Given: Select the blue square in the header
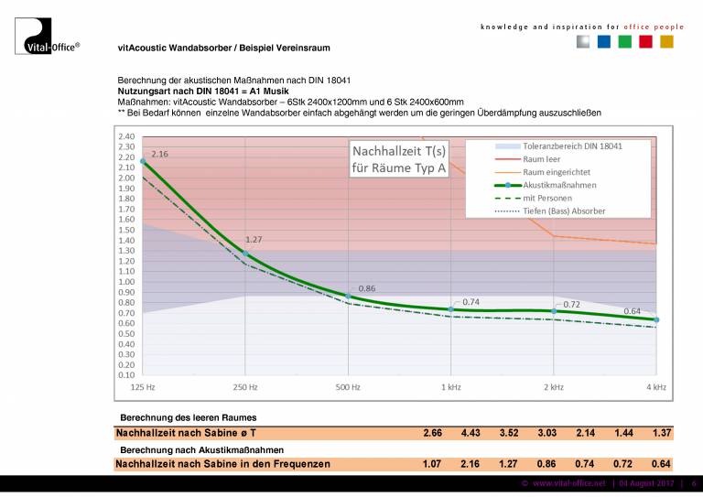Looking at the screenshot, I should tap(603, 42).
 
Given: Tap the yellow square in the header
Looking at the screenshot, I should tap(666, 42).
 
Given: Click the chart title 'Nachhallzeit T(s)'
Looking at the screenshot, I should tap(399, 150).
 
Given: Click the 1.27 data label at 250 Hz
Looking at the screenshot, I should tap(254, 240).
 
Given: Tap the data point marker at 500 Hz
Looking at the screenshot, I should tap(348, 297).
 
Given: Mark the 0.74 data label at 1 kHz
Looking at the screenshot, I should tap(470, 301).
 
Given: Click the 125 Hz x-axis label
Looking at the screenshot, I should tap(143, 388).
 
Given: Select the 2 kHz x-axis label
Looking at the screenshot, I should tap(553, 388).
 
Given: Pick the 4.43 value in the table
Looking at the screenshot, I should tap(471, 432).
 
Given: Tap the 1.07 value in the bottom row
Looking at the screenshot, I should tap(433, 464).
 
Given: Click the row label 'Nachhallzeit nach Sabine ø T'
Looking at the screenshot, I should tap(186, 432).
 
